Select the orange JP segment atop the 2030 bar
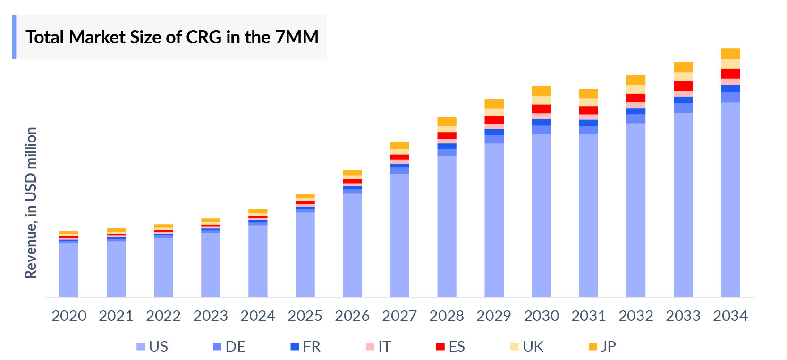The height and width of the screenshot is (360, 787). [541, 91]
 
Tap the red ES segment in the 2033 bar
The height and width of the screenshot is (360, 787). [683, 86]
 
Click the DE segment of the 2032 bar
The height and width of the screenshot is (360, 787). [635, 118]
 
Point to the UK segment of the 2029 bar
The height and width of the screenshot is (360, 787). [494, 112]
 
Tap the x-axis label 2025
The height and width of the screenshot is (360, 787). [305, 316]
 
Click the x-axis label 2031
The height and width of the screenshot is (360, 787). [588, 316]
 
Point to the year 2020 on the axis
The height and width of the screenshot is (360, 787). [69, 316]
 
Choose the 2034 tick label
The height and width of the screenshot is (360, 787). [730, 316]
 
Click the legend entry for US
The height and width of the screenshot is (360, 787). [152, 346]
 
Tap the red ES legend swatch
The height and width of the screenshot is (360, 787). [440, 346]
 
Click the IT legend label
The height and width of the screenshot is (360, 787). [384, 346]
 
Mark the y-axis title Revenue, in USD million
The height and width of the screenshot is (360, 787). [31, 203]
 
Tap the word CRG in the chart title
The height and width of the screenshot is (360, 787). [204, 37]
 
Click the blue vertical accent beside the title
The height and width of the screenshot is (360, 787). [14, 37]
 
